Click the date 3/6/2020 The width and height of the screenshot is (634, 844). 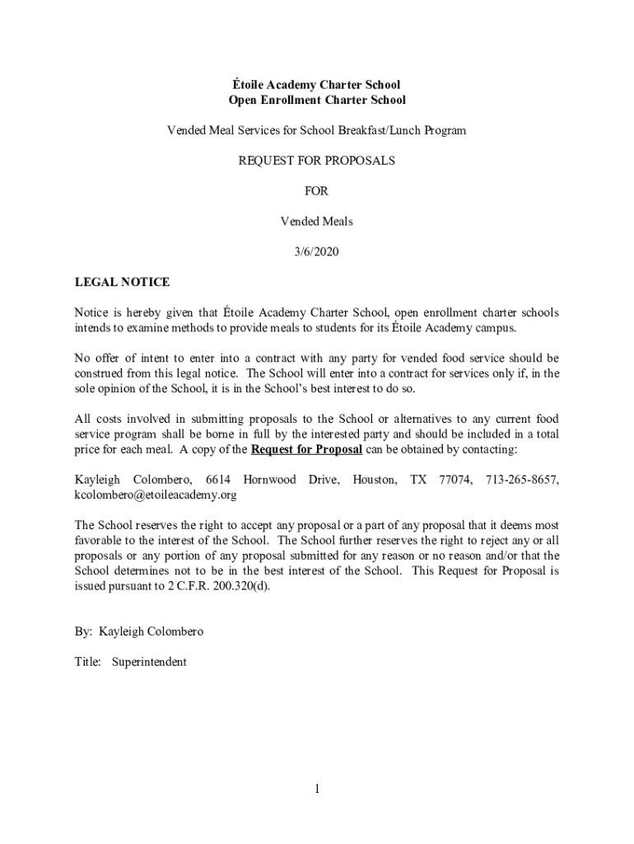tap(317, 251)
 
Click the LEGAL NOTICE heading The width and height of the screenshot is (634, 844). tap(122, 282)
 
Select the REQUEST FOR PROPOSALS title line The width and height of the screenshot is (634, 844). tap(317, 161)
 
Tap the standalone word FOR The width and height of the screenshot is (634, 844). tap(317, 191)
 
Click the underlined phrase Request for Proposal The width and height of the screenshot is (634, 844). tap(306, 449)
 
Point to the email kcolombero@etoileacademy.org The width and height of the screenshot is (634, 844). tap(156, 495)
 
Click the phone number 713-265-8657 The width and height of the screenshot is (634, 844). tap(522, 480)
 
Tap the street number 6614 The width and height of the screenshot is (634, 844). tap(218, 480)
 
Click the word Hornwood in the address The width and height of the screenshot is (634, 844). tap(270, 480)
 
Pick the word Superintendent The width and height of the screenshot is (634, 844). tap(150, 662)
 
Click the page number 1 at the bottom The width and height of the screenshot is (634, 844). tap(316, 790)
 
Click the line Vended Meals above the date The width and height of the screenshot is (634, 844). tap(317, 222)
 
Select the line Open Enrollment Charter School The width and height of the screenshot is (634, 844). tap(317, 100)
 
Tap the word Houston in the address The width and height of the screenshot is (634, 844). tap(374, 480)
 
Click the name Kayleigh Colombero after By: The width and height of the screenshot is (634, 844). tap(151, 631)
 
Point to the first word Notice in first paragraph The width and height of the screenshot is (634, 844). tap(91, 313)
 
